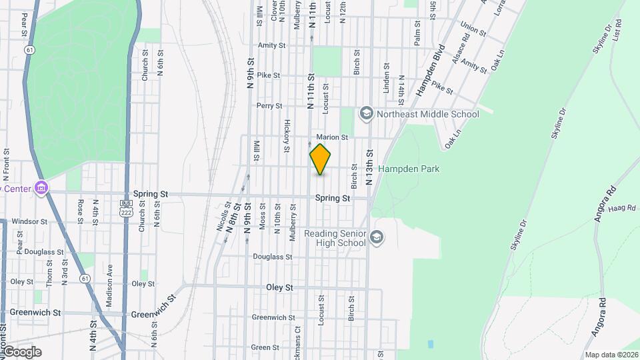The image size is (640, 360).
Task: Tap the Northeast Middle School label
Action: pyautogui.click(x=427, y=114)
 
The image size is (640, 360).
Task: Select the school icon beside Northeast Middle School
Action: pyautogui.click(x=366, y=114)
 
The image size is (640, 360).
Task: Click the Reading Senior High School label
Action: pyautogui.click(x=335, y=238)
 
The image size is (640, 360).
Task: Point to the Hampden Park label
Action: pyautogui.click(x=409, y=169)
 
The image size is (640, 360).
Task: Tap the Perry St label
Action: pyautogui.click(x=269, y=105)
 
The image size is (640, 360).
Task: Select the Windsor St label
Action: pyautogui.click(x=29, y=221)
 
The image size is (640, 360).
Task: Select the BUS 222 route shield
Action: pyautogui.click(x=126, y=207)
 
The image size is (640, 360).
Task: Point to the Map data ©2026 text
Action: pyautogui.click(x=611, y=355)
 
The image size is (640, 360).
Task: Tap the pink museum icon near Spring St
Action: pyautogui.click(x=41, y=188)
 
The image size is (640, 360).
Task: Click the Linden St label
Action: pyautogui.click(x=386, y=77)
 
